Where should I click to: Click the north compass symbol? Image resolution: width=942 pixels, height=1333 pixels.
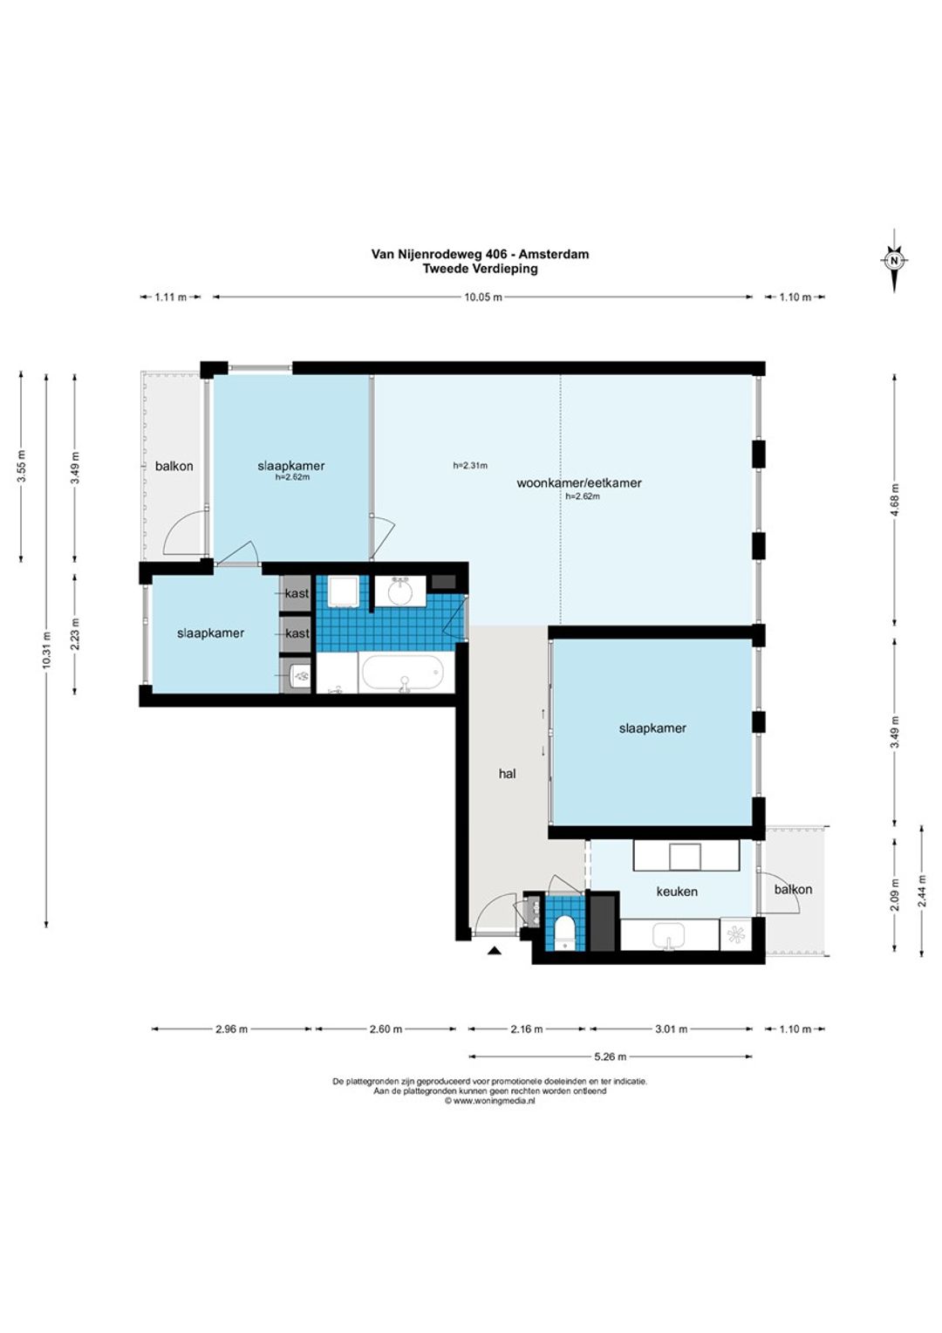(x=893, y=260)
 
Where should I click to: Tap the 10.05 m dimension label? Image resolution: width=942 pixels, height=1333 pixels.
(x=482, y=297)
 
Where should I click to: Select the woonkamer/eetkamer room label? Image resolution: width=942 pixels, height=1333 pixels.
(x=578, y=482)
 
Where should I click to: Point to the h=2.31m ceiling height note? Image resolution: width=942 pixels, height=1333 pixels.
(x=470, y=466)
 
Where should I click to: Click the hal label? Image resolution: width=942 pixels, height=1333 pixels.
(x=507, y=774)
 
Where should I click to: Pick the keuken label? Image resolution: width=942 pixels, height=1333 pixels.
(x=677, y=892)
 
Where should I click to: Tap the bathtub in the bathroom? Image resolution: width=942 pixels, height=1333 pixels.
(x=402, y=673)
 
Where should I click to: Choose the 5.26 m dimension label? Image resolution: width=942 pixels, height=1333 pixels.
(x=610, y=1056)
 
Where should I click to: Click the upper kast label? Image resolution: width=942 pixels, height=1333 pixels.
(x=297, y=593)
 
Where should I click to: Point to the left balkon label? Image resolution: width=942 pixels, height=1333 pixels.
(x=174, y=466)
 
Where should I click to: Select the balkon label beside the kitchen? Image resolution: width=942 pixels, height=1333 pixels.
(x=793, y=889)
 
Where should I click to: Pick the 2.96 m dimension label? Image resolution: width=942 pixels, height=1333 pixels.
(x=231, y=1029)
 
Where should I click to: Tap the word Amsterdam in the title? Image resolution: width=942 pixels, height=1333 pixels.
(x=553, y=254)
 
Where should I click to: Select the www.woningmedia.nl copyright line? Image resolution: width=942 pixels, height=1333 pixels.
(x=489, y=1101)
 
